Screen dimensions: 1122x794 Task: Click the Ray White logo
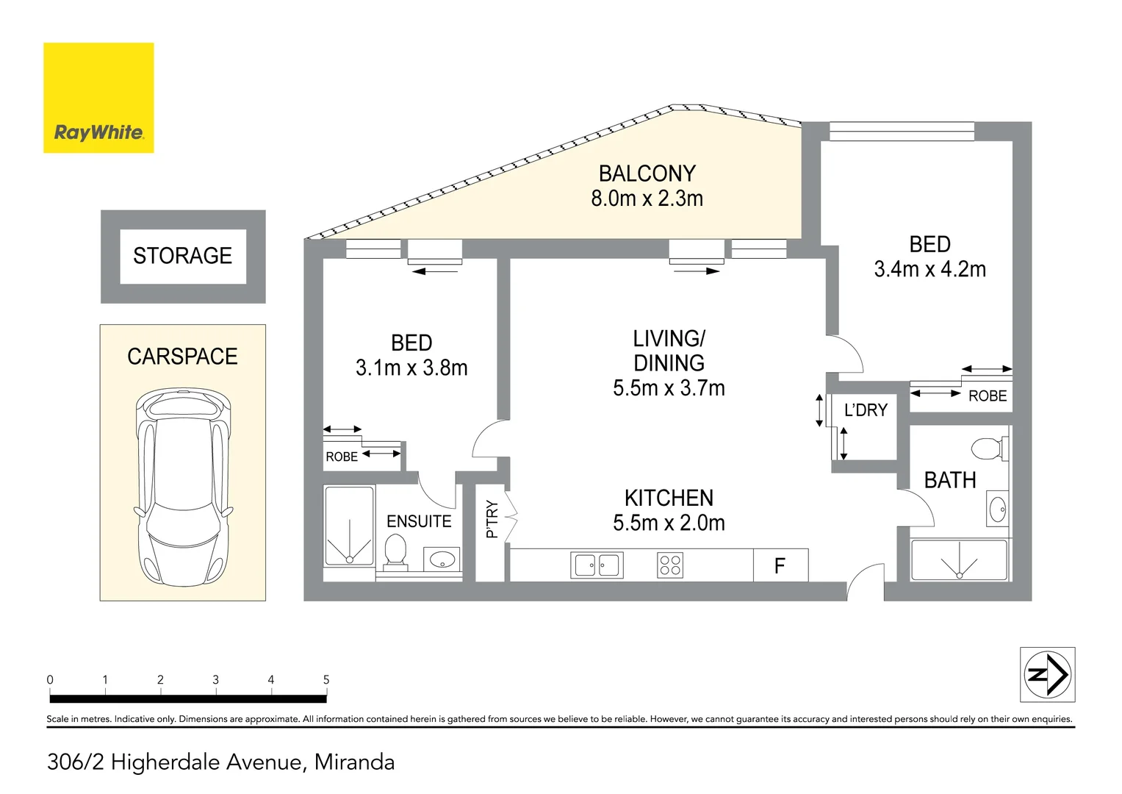(98, 98)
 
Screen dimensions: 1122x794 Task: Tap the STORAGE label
(183, 256)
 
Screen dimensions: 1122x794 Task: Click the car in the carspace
(184, 487)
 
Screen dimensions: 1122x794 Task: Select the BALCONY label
(647, 174)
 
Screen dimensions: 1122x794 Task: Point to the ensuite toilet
(396, 552)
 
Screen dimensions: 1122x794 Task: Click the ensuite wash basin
(442, 559)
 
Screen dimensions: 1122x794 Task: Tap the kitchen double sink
(597, 565)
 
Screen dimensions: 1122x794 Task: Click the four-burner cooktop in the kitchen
(669, 565)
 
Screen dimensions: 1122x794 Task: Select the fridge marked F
(780, 565)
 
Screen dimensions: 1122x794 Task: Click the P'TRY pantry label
(492, 519)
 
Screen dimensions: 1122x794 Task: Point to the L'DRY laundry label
(866, 410)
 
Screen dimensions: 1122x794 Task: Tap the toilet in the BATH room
(990, 448)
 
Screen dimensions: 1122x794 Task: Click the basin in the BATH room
(997, 509)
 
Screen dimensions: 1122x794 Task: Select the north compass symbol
(1047, 674)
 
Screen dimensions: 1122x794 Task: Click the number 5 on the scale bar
(326, 680)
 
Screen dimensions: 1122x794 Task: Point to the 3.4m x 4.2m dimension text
(930, 270)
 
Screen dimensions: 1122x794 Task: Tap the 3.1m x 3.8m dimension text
(411, 368)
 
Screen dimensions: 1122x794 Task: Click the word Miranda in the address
(355, 762)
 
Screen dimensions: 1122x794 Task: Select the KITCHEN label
(669, 498)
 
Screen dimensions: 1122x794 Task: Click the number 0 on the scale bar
(50, 680)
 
